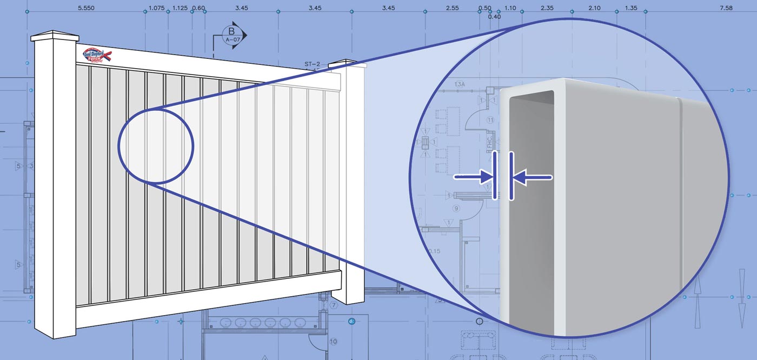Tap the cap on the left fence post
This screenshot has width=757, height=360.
[x=55, y=37]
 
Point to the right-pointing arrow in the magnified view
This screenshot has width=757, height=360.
[x=474, y=176]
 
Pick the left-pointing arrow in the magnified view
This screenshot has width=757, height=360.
[x=533, y=177]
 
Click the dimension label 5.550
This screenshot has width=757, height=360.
[x=87, y=9]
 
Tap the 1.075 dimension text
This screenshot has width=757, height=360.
[x=156, y=9]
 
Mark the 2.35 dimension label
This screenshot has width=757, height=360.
[x=547, y=9]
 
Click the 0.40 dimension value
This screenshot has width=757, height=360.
[x=494, y=17]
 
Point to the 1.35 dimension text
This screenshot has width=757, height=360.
[x=630, y=9]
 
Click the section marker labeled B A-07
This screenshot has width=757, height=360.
[x=233, y=35]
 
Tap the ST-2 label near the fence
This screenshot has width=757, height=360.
[x=313, y=64]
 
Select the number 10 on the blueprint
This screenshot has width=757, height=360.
[x=333, y=341]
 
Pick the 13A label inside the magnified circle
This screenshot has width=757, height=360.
[x=460, y=85]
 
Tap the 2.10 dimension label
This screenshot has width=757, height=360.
[x=594, y=9]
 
